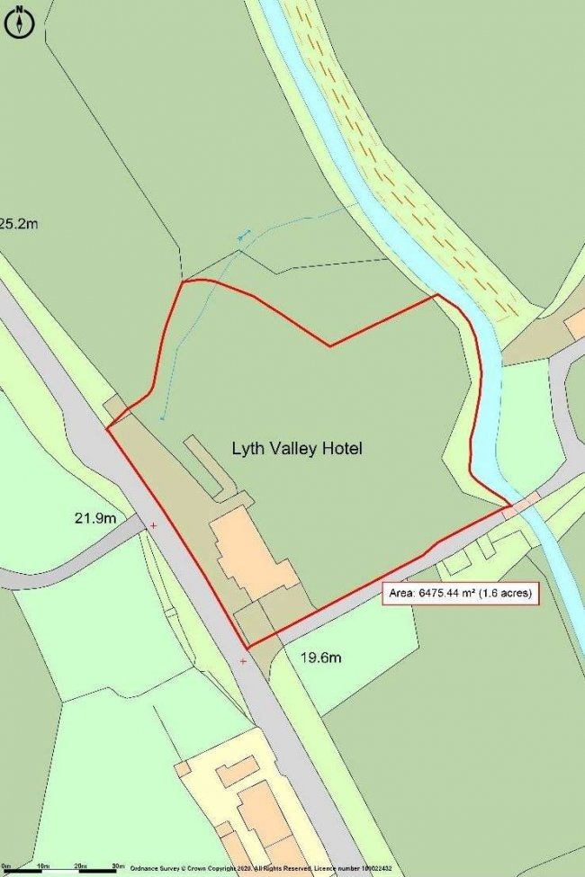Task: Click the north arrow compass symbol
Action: (x=19, y=22)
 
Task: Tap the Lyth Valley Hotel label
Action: (x=297, y=448)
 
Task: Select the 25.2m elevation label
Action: (x=18, y=223)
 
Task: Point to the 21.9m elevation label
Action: (x=95, y=518)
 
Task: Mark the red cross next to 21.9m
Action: (x=153, y=524)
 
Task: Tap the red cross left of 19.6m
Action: (x=243, y=661)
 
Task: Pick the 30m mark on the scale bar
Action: (x=118, y=867)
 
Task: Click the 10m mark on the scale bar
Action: (x=41, y=867)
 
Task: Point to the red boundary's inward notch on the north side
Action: (x=330, y=345)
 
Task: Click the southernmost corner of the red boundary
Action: (x=247, y=647)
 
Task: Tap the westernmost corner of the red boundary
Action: (x=107, y=428)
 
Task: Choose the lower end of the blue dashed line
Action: (x=162, y=419)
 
